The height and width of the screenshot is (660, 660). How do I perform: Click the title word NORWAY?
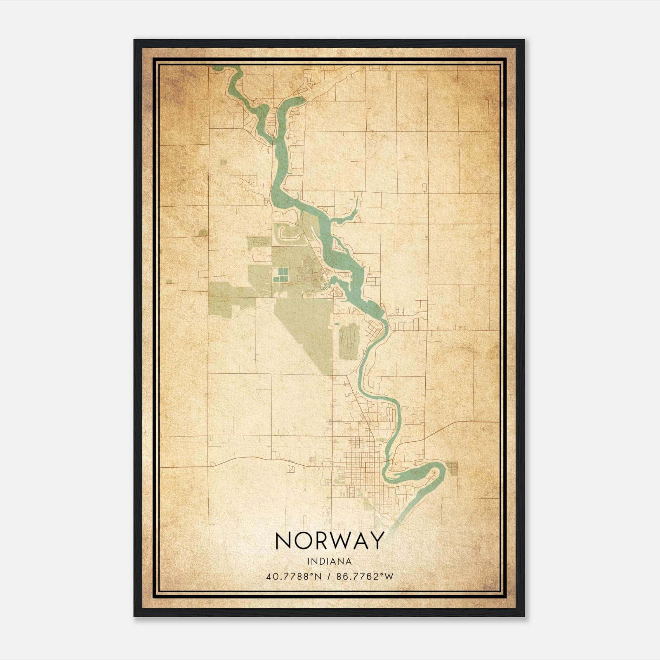tap(329, 541)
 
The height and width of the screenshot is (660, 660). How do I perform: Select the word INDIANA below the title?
tap(329, 561)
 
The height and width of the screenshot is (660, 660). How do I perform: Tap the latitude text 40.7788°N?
tap(293, 577)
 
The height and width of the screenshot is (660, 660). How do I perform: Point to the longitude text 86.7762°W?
tap(365, 577)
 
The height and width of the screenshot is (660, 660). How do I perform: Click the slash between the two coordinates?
tap(329, 577)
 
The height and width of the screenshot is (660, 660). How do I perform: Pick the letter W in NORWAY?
tap(338, 541)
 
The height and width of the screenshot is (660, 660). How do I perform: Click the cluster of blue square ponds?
tap(280, 275)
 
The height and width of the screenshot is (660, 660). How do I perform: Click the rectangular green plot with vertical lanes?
tap(349, 341)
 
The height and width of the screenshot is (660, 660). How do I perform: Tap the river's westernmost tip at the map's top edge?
tap(215, 67)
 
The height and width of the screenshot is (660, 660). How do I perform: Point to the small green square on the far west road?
tap(203, 233)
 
